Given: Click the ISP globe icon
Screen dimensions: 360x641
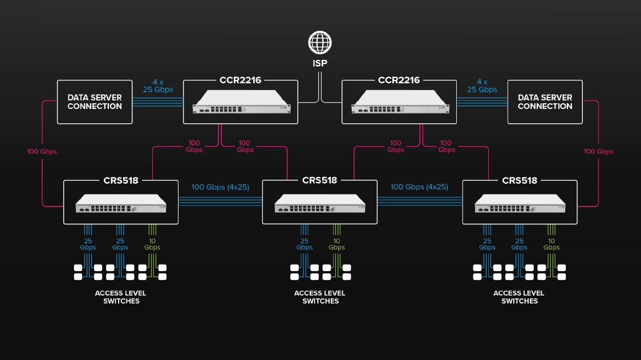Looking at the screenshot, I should click(x=320, y=43).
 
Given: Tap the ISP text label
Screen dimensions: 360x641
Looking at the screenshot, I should click(x=320, y=63).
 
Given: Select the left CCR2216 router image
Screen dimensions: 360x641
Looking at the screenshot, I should click(x=241, y=102).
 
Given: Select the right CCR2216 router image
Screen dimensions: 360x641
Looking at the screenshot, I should click(x=399, y=102).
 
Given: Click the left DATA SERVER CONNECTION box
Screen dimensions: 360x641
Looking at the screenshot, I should click(x=95, y=102).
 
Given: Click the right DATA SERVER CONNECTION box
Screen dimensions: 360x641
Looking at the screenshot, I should click(x=545, y=102).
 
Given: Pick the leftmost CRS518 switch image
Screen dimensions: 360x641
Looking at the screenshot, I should click(x=121, y=204).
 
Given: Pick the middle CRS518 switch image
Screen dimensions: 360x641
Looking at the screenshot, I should click(x=319, y=204).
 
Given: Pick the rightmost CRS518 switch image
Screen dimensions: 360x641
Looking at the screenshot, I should click(x=520, y=204).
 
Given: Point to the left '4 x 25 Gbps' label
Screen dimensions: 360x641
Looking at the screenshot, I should click(x=158, y=86).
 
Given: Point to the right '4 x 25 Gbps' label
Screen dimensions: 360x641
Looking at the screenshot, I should click(x=482, y=86).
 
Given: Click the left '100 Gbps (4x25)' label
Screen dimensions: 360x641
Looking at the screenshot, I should click(x=220, y=187).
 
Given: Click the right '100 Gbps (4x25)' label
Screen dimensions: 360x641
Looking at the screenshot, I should click(x=419, y=187).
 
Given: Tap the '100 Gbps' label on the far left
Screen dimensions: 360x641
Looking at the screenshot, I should click(x=42, y=152).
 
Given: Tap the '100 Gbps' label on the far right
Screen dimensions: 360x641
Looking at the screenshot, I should click(x=598, y=152).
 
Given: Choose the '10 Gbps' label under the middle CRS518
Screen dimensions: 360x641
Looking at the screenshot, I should click(x=336, y=244).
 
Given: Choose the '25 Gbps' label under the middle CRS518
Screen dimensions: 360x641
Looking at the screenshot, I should click(x=305, y=244).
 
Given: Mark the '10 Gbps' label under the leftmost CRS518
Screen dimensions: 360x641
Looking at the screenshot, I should click(x=152, y=244).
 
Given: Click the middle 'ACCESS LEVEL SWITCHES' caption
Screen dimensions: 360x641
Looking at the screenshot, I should click(x=320, y=297).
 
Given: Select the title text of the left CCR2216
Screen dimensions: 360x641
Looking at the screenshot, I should click(x=240, y=80).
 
